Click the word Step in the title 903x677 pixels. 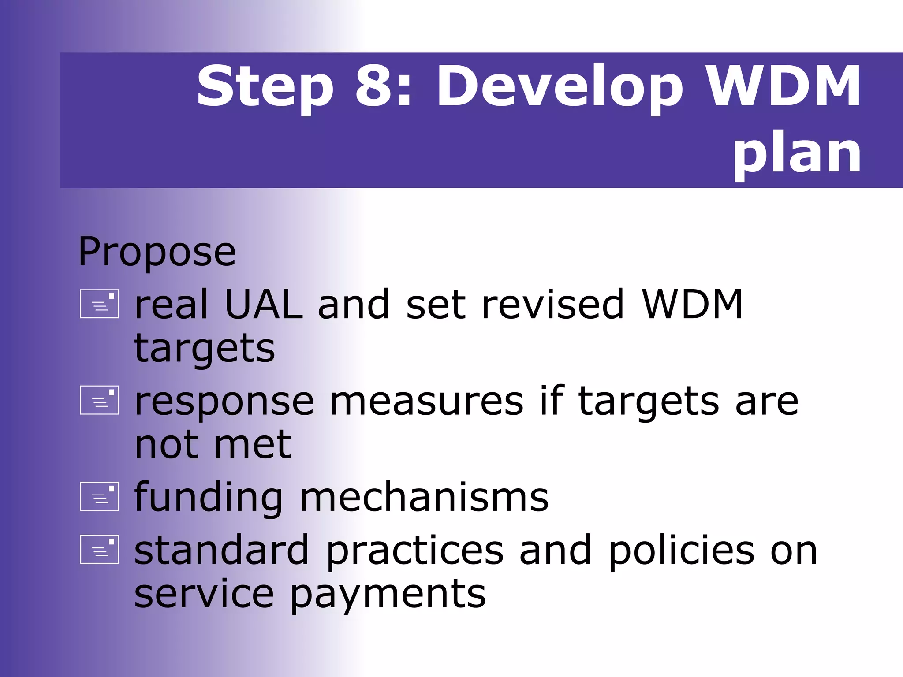pyautogui.click(x=265, y=87)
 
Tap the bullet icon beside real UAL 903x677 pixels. pyautogui.click(x=100, y=304)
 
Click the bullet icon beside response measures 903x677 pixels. pyautogui.click(x=100, y=400)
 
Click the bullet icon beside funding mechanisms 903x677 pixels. pyautogui.click(x=100, y=496)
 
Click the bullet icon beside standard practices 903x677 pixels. pyautogui.click(x=100, y=549)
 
